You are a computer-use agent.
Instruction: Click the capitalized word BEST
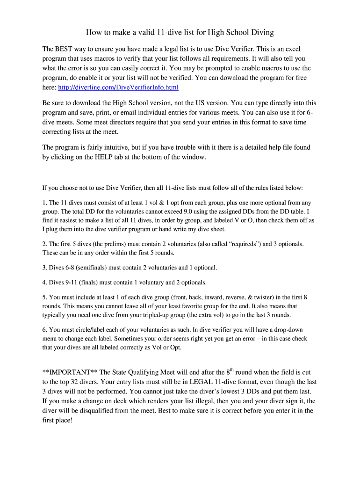pyautogui.click(x=64, y=48)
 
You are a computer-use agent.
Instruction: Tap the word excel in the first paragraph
pyautogui.click(x=292, y=48)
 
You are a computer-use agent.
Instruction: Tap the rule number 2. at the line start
pyautogui.click(x=45, y=244)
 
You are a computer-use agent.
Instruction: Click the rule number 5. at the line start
pyautogui.click(x=45, y=297)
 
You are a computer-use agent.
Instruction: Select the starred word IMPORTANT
pyautogui.click(x=71, y=372)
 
